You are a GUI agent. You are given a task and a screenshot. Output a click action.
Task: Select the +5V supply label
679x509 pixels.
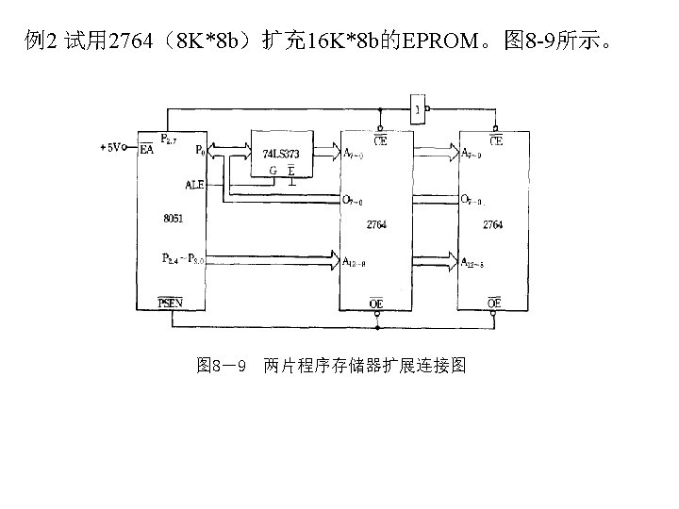pyautogui.click(x=111, y=148)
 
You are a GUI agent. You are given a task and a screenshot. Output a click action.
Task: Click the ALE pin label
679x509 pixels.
pyautogui.click(x=195, y=185)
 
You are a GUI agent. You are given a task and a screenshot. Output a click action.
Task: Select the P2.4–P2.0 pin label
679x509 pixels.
pyautogui.click(x=183, y=258)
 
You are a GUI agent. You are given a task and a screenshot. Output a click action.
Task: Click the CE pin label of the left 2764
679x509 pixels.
pyautogui.click(x=378, y=140)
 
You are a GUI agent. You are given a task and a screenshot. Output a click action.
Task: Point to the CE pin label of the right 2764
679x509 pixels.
pyautogui.click(x=495, y=140)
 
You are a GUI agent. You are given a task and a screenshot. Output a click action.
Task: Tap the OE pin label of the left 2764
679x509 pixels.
pyautogui.click(x=376, y=303)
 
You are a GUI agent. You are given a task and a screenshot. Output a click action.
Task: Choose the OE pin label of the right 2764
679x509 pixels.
pyautogui.click(x=493, y=303)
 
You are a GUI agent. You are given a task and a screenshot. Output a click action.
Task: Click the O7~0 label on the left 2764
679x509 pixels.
pyautogui.click(x=355, y=200)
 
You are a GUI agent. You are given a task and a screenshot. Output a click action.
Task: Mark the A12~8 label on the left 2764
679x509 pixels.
pyautogui.click(x=356, y=260)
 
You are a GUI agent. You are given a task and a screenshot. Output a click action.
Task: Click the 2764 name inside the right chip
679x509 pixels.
pyautogui.click(x=492, y=225)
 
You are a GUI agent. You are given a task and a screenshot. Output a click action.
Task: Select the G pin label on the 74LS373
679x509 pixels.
pyautogui.click(x=273, y=170)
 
